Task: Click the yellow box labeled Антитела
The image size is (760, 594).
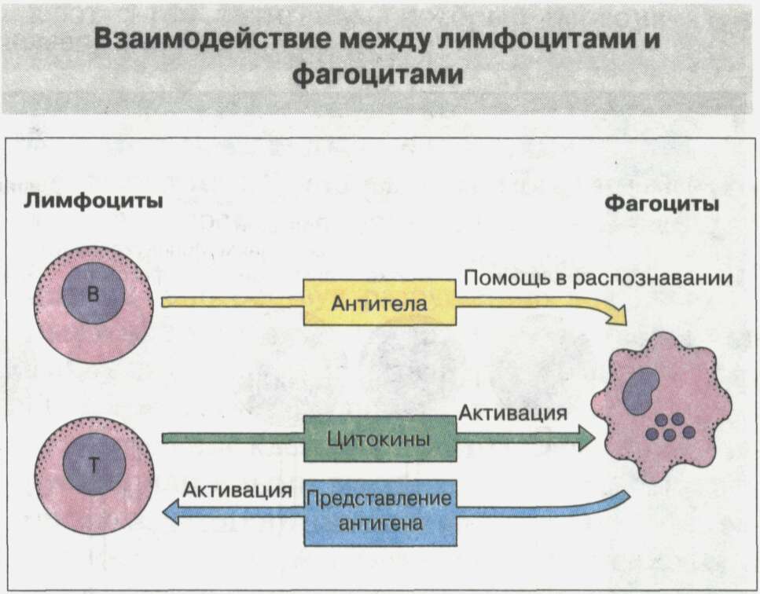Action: tap(379, 302)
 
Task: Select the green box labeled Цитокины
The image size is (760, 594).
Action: tap(379, 438)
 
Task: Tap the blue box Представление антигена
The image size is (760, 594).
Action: tap(379, 511)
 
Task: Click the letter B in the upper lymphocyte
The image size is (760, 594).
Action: tap(94, 295)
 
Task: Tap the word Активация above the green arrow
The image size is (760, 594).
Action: tap(513, 411)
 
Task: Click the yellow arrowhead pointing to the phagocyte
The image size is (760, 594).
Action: tap(617, 316)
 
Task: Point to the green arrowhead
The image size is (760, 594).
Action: tap(585, 438)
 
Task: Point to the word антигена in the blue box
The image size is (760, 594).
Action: tap(379, 522)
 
